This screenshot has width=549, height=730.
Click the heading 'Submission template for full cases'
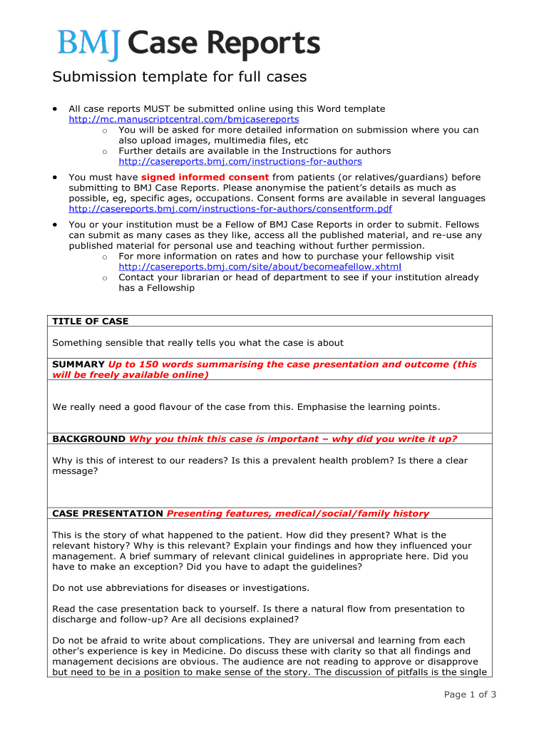180,77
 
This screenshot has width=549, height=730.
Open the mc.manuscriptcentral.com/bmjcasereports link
183,120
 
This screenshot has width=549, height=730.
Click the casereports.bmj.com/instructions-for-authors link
240,162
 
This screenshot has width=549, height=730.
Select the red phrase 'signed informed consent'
205,178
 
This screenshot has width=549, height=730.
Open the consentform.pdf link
230,209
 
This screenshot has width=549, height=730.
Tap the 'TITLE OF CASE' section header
91,322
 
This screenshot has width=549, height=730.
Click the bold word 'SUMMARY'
78,364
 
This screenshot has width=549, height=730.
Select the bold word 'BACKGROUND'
89,439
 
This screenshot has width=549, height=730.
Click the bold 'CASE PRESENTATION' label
108,513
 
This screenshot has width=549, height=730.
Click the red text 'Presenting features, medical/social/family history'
298,513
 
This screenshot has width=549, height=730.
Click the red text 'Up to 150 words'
148,364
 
